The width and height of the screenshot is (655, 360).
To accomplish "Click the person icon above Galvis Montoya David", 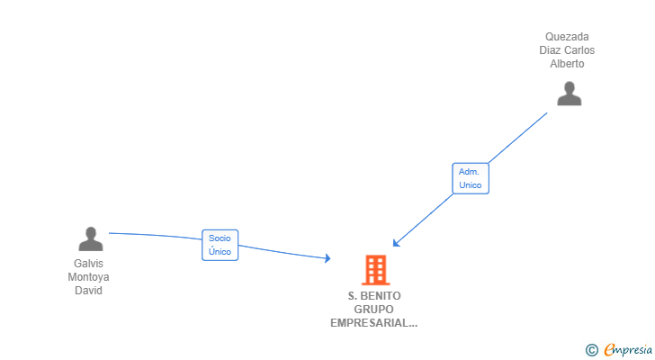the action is (91, 238).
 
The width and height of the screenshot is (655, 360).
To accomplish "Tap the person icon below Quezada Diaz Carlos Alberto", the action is (569, 94).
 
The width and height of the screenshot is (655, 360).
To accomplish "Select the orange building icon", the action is (375, 270).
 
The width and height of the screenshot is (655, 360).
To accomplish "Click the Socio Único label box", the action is (220, 245).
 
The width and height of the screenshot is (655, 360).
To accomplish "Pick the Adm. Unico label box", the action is (471, 178).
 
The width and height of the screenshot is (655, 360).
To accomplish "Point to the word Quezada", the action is (567, 37).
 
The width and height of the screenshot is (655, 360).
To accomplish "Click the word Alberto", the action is (567, 64).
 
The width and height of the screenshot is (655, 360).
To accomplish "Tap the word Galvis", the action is (88, 264).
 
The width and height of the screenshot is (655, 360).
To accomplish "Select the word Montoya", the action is (88, 277).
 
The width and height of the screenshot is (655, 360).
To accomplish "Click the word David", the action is (88, 291).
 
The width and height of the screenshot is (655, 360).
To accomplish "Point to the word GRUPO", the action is (373, 310).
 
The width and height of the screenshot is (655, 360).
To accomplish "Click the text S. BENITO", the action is (374, 296).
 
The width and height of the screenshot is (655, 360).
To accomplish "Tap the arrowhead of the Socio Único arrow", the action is (328, 258).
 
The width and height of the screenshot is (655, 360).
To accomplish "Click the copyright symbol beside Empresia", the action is (591, 350).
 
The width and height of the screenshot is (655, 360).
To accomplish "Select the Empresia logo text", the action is (628, 349).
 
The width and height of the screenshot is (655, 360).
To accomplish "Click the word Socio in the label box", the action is (220, 238).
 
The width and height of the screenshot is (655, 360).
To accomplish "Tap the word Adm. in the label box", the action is (469, 172).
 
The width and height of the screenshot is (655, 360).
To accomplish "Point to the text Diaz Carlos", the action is (567, 50).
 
